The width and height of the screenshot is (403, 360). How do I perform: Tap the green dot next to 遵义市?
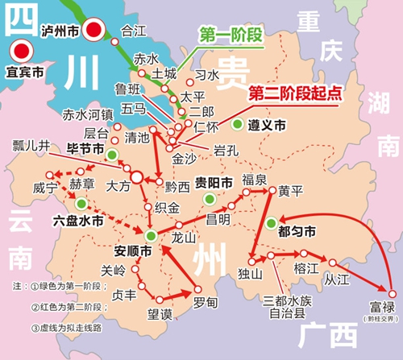click(x=237, y=125)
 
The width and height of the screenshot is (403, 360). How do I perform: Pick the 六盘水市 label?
click(x=78, y=218)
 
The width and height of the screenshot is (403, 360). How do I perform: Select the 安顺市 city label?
click(x=133, y=250)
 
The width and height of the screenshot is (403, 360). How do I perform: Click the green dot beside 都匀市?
click(x=272, y=223)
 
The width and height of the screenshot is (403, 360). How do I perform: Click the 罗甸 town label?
click(x=206, y=302)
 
